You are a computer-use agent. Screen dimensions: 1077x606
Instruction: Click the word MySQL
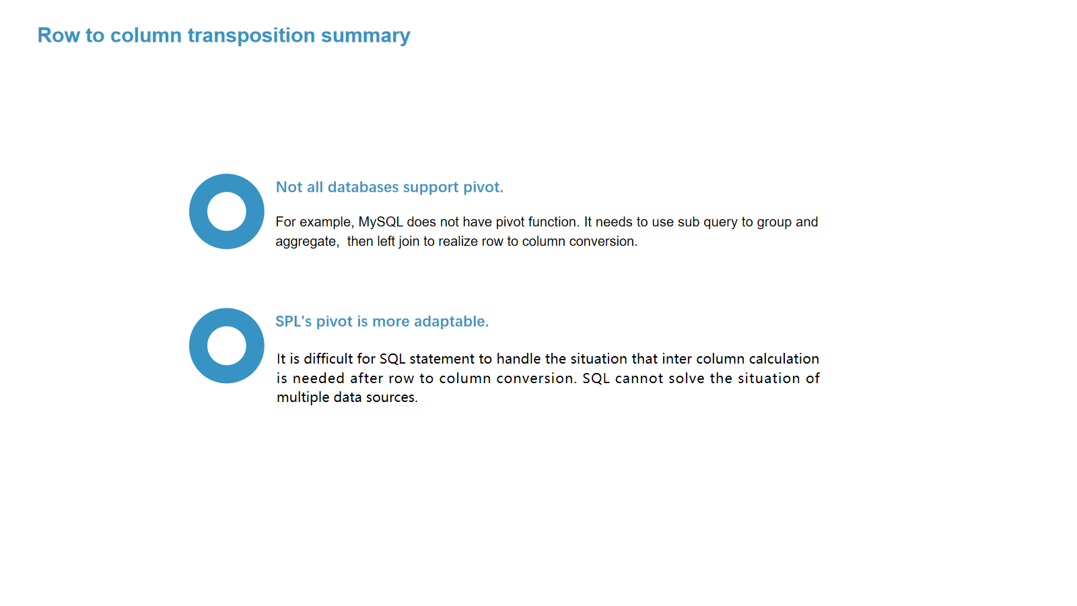(381, 222)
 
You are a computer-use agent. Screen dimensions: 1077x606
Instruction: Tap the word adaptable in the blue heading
(451, 321)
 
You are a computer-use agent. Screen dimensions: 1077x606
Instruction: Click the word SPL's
(293, 321)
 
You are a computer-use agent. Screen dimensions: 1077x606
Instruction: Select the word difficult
(328, 359)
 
